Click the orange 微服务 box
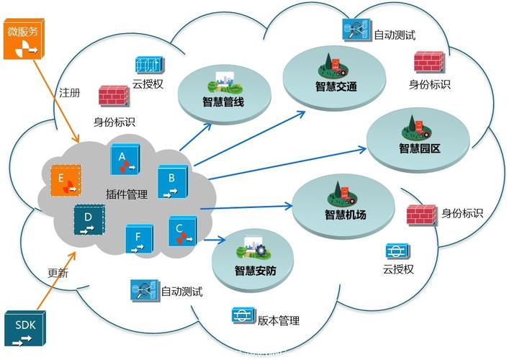(24, 39)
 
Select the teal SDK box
(25, 329)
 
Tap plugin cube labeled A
(125, 160)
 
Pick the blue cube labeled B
(173, 181)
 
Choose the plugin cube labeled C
(182, 231)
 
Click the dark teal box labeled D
(89, 220)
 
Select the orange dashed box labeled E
(66, 180)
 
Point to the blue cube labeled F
(139, 239)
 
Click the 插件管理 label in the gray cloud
(127, 194)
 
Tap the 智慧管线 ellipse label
(223, 102)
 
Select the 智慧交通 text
(336, 86)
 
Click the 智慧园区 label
(420, 148)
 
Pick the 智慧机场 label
(346, 215)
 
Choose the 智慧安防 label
(256, 271)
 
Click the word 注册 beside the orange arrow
(69, 93)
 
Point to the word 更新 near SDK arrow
(58, 273)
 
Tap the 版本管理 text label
(279, 320)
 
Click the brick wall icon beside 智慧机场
(422, 215)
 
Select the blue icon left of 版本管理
(244, 315)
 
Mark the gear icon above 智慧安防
(261, 251)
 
